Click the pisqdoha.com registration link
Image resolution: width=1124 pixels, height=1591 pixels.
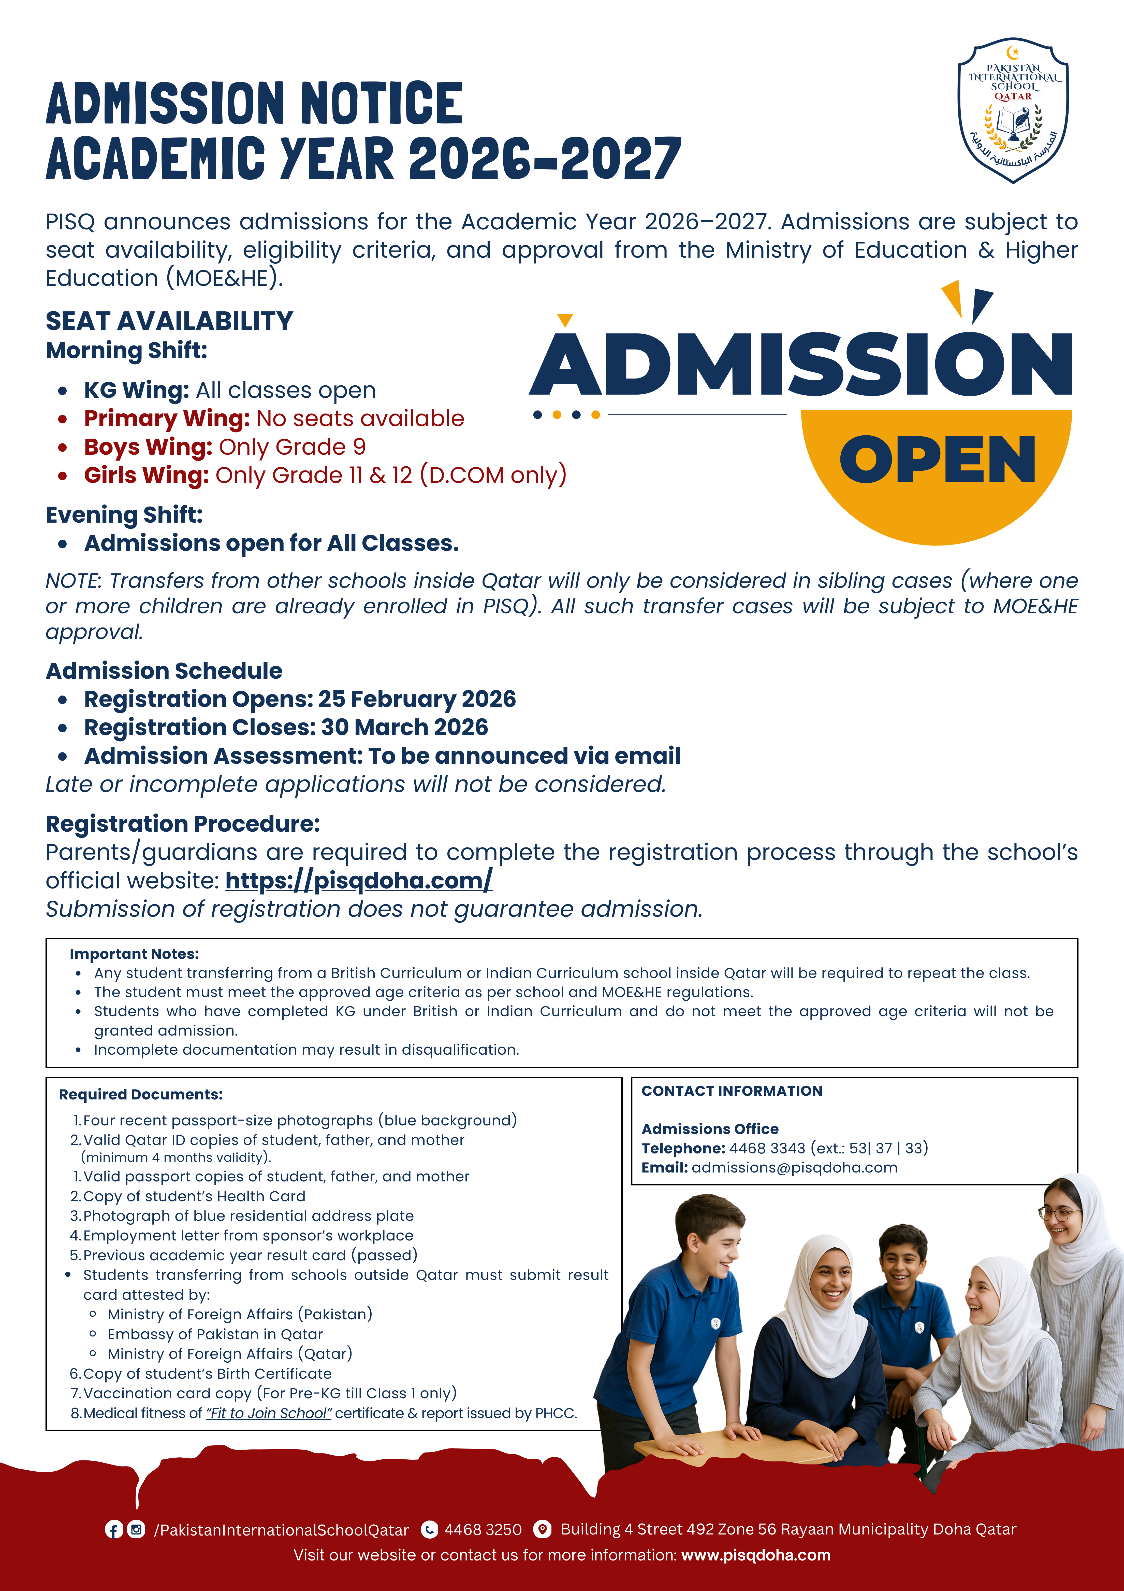pyautogui.click(x=359, y=881)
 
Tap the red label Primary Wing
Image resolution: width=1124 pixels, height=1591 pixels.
pyautogui.click(x=166, y=418)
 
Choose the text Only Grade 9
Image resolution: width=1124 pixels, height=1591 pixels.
pyautogui.click(x=292, y=447)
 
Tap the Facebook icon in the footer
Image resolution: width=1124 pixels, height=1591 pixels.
pyautogui.click(x=114, y=1529)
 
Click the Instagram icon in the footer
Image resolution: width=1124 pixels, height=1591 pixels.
pyautogui.click(x=136, y=1529)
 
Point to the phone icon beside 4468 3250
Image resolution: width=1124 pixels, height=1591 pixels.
pyautogui.click(x=430, y=1529)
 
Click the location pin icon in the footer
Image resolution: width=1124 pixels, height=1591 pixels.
pyautogui.click(x=543, y=1529)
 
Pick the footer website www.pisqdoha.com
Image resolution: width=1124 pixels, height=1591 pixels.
pyautogui.click(x=756, y=1555)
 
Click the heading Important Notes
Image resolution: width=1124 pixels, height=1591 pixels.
pyautogui.click(x=134, y=954)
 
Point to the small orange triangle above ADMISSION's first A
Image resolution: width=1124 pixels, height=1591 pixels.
pyautogui.click(x=565, y=319)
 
